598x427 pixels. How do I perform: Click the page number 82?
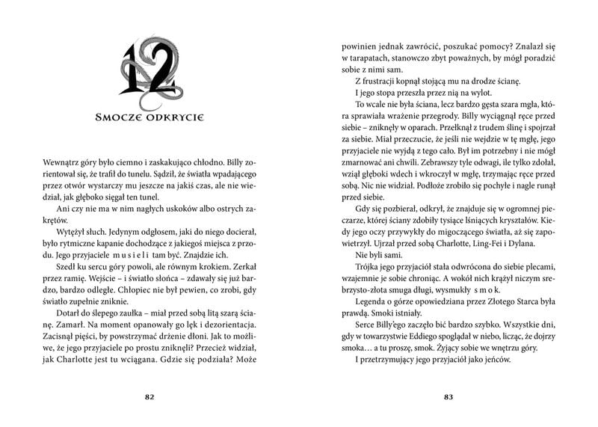click(149, 397)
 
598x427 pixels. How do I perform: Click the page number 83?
click(449, 397)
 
